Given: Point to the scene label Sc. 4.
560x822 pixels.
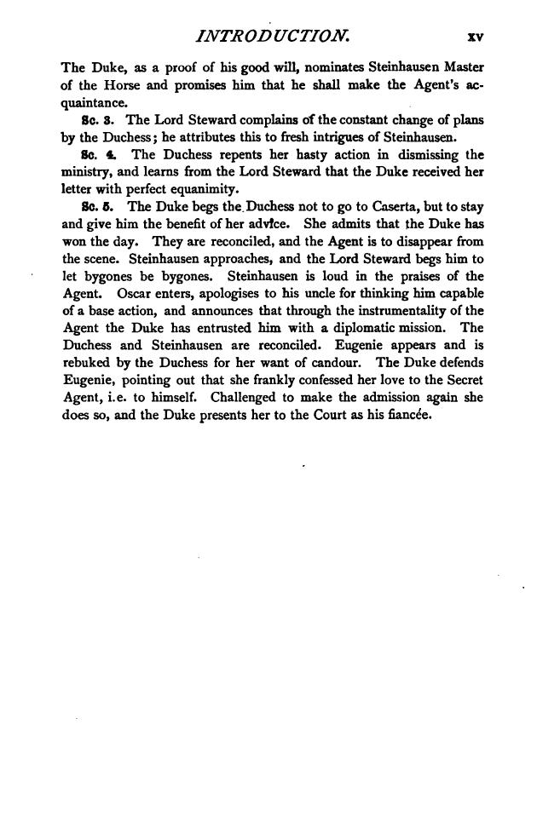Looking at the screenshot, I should pos(89,154).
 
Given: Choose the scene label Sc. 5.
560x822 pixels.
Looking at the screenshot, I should pos(89,205).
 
